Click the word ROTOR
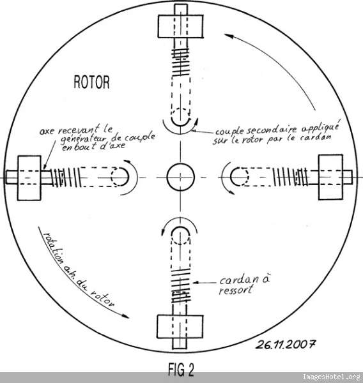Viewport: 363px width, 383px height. click(91, 82)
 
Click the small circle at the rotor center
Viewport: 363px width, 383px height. click(180, 177)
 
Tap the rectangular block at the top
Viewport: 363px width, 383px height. click(180, 26)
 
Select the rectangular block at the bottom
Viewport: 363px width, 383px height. click(180, 327)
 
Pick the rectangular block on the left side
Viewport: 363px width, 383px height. click(29, 178)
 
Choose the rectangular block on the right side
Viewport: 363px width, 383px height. click(330, 177)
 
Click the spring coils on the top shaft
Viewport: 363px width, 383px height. click(180, 62)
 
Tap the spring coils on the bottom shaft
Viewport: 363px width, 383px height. click(181, 286)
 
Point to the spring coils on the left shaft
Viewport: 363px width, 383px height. click(66, 177)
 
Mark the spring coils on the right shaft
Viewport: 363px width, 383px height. click(290, 177)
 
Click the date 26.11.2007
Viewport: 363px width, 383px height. click(285, 345)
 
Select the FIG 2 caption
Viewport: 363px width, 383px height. click(181, 370)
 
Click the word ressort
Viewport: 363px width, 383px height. click(236, 290)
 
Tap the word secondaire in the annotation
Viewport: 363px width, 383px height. click(272, 130)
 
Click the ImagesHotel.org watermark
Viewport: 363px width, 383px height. click(332, 377)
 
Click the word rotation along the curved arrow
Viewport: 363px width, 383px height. click(53, 248)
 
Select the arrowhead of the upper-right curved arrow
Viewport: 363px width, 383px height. click(228, 36)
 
